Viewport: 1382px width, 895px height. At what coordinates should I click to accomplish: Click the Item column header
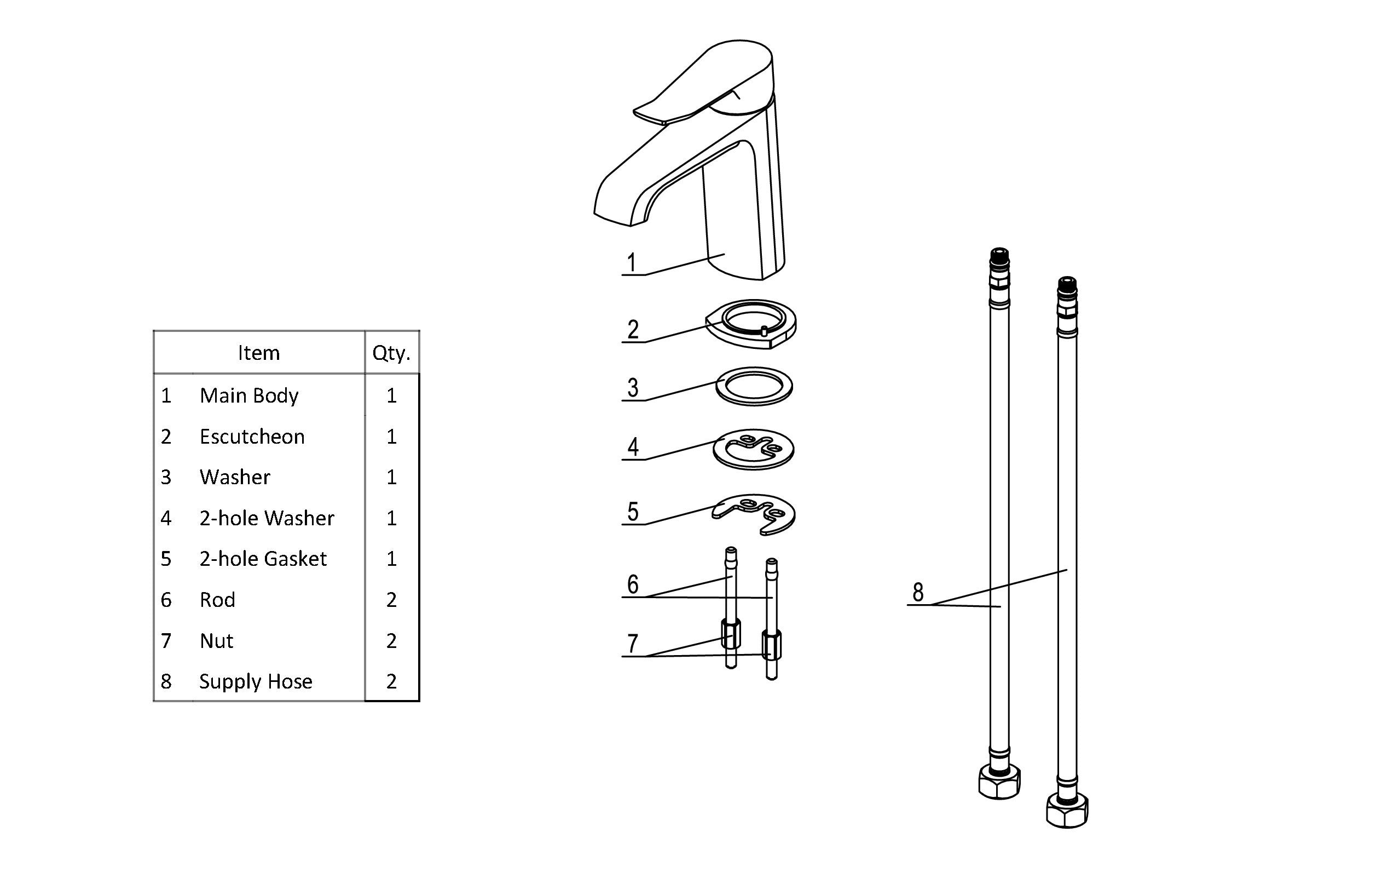click(x=258, y=353)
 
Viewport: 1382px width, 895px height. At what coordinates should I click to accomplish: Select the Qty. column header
click(x=391, y=353)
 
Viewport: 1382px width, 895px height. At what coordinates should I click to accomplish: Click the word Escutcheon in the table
click(x=252, y=437)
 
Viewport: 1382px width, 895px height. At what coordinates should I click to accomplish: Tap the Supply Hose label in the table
click(x=256, y=681)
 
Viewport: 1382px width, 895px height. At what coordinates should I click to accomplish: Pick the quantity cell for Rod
click(x=391, y=600)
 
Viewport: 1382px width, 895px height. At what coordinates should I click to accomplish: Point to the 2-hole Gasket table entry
click(x=263, y=559)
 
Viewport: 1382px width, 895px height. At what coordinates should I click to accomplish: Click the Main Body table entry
click(x=249, y=395)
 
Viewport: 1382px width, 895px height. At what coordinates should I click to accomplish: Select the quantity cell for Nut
click(x=391, y=640)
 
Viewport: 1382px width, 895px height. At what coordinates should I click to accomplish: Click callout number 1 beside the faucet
click(x=632, y=263)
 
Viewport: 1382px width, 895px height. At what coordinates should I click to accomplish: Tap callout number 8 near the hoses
click(x=918, y=592)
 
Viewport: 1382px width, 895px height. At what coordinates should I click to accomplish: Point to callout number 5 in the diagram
click(x=633, y=512)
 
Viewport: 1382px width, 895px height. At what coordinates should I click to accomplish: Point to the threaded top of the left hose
click(x=999, y=256)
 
